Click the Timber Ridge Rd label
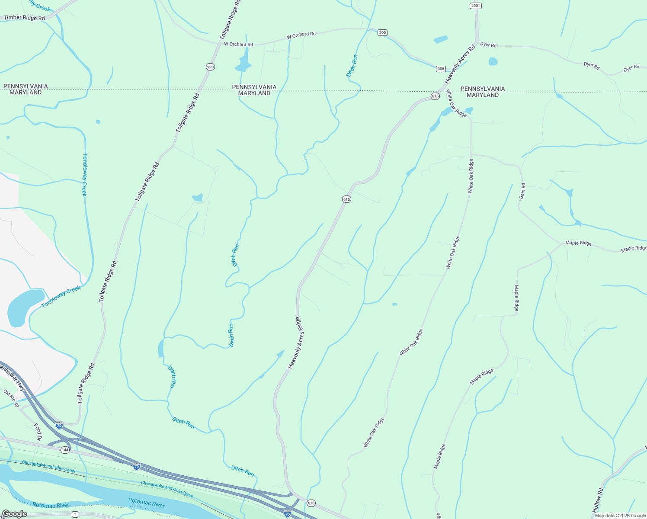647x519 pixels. [24, 18]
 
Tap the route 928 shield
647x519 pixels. [210, 67]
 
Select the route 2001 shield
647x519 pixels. [475, 6]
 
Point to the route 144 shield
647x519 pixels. [65, 450]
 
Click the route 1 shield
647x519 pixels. [75, 514]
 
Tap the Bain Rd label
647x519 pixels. [523, 191]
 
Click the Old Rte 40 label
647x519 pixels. [11, 398]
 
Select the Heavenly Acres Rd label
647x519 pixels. [460, 64]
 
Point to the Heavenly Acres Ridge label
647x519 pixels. [297, 343]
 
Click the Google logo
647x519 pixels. [14, 514]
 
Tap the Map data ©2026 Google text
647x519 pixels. [620, 516]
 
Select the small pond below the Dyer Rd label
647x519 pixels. [493, 61]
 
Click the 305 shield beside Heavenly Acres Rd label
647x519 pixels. [441, 69]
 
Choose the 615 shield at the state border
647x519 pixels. [435, 96]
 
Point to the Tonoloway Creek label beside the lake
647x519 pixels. [61, 297]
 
